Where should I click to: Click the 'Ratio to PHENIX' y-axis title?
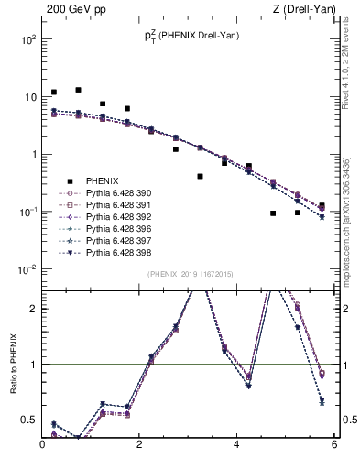click(11, 365)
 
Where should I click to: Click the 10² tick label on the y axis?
click(28, 40)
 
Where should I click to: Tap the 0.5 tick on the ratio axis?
click(30, 420)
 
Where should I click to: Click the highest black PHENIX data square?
click(78, 90)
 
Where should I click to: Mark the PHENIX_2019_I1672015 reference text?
click(190, 275)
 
